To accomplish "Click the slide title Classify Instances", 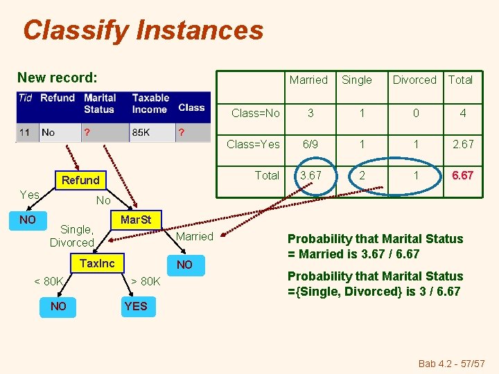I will point(143,30).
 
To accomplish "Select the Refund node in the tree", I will point(80,180).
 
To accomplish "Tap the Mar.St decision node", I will point(136,220).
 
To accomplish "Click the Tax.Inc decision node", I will point(97,263).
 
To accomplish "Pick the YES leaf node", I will point(136,306).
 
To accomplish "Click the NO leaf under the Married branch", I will point(184,265).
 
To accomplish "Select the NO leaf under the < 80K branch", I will point(59,306).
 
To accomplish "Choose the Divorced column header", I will point(414,80).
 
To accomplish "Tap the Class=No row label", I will point(255,113).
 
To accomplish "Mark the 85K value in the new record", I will point(142,132).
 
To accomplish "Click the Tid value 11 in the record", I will point(24,132).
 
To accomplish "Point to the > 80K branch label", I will point(146,281).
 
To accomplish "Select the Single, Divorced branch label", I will point(71,235).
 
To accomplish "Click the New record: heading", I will point(58,78).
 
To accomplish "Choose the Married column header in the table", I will point(308,80).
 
